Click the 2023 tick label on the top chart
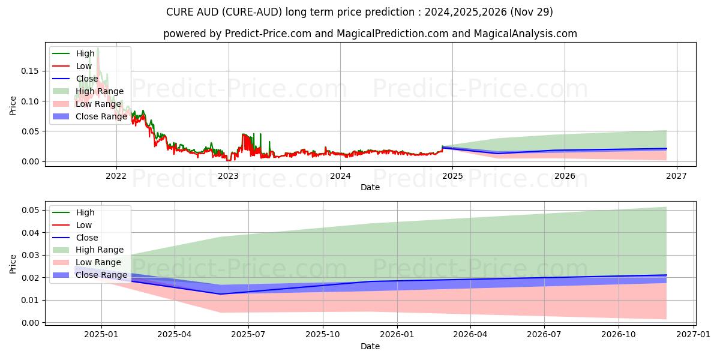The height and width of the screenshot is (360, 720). [228, 176]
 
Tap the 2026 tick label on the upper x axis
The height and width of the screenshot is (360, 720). [565, 176]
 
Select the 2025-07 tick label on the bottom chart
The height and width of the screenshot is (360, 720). [248, 334]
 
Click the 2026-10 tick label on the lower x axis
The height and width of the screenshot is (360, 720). [619, 334]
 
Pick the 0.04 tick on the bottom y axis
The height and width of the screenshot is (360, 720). [31, 233]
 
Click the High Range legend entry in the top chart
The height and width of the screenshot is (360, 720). [99, 91]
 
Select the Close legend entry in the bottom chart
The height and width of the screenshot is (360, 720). [87, 238]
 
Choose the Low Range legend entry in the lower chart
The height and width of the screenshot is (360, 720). [98, 263]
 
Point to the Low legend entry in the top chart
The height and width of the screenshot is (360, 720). [84, 66]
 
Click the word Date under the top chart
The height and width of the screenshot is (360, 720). [370, 187]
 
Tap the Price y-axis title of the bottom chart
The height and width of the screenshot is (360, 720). [13, 265]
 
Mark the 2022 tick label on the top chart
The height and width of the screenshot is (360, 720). [116, 176]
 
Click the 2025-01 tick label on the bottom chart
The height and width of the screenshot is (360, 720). [101, 334]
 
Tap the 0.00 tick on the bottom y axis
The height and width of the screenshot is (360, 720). [31, 323]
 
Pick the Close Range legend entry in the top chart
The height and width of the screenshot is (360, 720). [101, 116]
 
